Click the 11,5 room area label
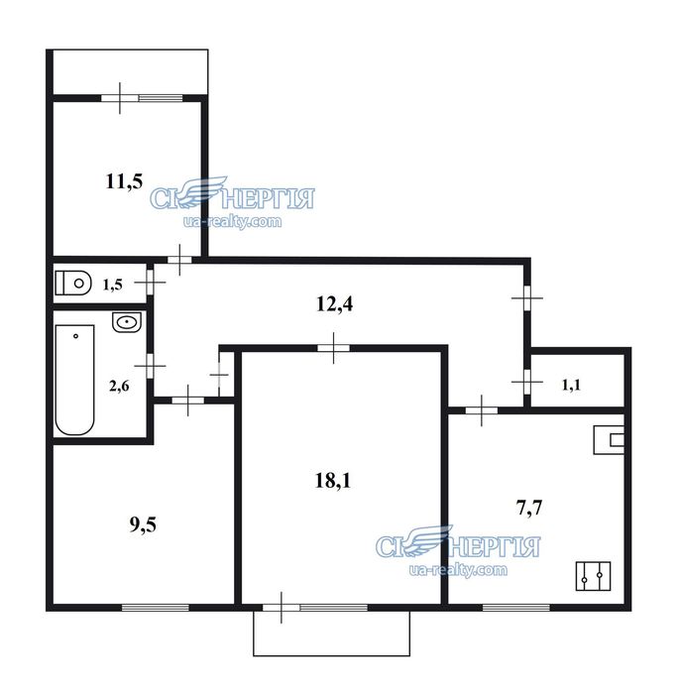click(x=124, y=181)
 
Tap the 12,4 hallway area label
click(x=335, y=304)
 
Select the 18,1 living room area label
click(x=332, y=481)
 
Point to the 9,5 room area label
click(x=143, y=524)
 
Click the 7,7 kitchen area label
click(x=529, y=508)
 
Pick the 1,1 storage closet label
click(x=571, y=385)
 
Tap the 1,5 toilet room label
click(x=112, y=285)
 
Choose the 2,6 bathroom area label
click(x=119, y=386)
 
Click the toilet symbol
click(x=73, y=283)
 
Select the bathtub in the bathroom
click(x=74, y=380)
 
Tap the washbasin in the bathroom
click(x=127, y=322)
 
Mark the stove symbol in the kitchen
click(x=593, y=576)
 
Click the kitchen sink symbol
click(x=609, y=439)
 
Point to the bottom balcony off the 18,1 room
click(x=331, y=634)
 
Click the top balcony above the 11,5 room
click(x=131, y=71)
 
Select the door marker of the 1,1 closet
click(x=526, y=381)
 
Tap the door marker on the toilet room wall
click(x=150, y=282)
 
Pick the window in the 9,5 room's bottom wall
click(x=156, y=607)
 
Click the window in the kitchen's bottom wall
click(x=516, y=607)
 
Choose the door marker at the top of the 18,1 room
click(x=333, y=348)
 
